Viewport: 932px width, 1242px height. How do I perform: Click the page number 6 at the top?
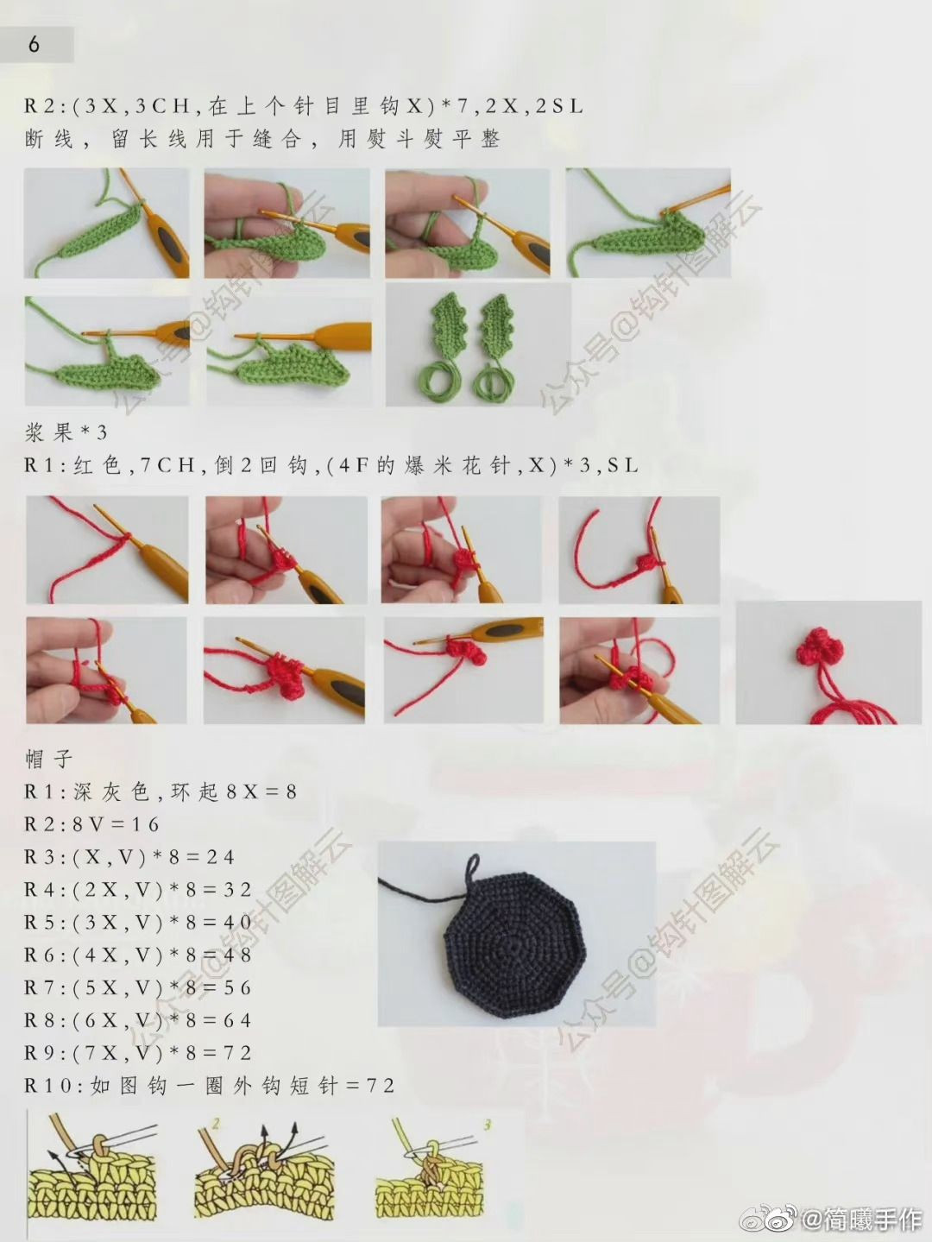click(34, 44)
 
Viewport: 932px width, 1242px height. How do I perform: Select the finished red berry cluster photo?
click(828, 663)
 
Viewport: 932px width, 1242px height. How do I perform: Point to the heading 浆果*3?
click(66, 433)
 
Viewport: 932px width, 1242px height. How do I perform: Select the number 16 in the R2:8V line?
click(146, 824)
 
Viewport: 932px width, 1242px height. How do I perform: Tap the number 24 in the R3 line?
click(220, 857)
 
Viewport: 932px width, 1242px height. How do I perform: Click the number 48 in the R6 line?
click(237, 955)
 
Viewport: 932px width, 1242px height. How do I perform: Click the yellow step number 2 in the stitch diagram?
click(216, 1124)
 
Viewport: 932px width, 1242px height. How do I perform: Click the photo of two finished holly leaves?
click(478, 344)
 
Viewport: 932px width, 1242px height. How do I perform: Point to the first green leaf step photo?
click(106, 223)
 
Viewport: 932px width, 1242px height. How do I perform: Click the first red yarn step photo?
click(107, 550)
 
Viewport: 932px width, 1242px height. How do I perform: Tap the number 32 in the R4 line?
click(237, 890)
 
